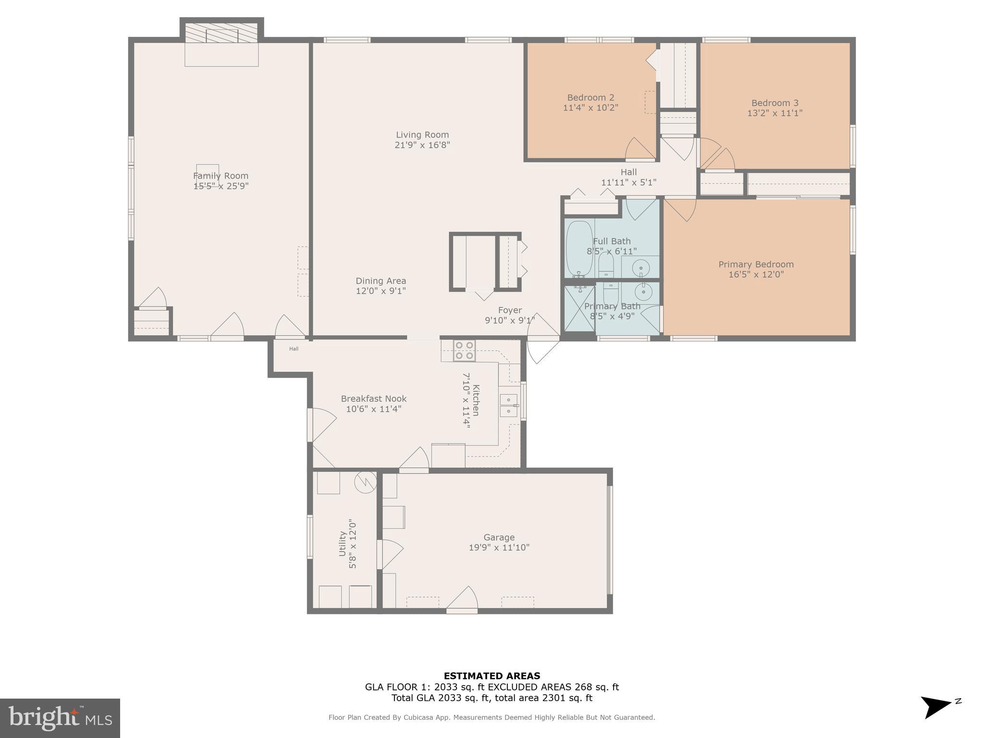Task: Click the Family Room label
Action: click(x=221, y=176)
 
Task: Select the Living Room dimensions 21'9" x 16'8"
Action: click(x=422, y=145)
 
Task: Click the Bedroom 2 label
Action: click(x=590, y=98)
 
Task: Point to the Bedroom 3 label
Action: click(x=775, y=103)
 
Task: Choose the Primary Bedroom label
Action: click(x=756, y=264)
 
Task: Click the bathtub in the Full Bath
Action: click(x=579, y=248)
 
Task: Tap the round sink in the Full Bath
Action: click(x=640, y=267)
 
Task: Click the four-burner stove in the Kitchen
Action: click(x=464, y=350)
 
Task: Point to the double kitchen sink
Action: click(x=508, y=406)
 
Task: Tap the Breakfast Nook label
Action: click(x=373, y=399)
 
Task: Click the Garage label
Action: click(x=499, y=537)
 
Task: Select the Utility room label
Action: click(x=343, y=543)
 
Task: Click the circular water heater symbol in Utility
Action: click(x=365, y=482)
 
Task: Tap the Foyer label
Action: click(x=509, y=310)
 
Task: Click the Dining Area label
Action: click(x=381, y=281)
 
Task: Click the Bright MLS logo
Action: click(x=60, y=718)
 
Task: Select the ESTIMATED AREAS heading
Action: click(x=492, y=676)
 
